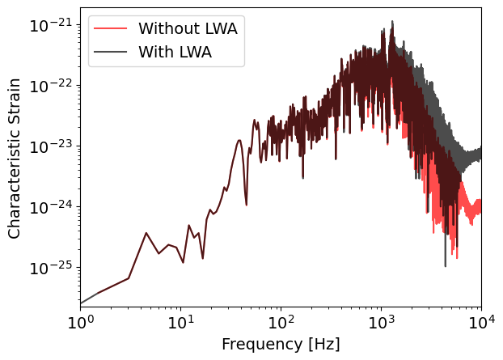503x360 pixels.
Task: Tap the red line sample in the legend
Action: pyautogui.click(x=111, y=28)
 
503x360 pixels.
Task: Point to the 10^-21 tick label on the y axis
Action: pyautogui.click(x=49, y=24)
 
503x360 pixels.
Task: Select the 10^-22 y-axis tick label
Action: pyautogui.click(x=49, y=85)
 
